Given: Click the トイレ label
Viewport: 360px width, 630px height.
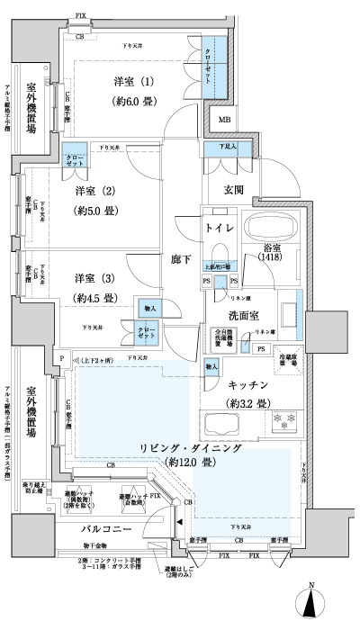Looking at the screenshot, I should pos(220,229).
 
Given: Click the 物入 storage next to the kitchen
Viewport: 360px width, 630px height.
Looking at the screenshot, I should pos(210,367).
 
